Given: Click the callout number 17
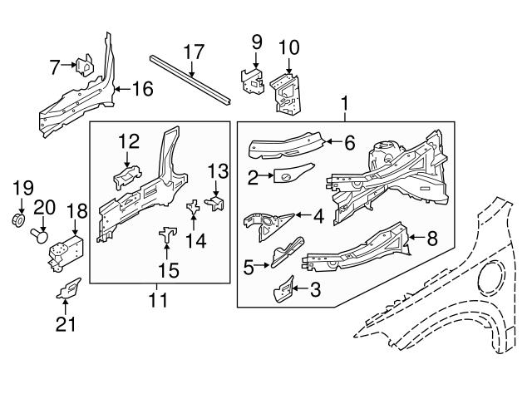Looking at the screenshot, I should [193, 52].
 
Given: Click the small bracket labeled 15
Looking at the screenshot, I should [167, 236].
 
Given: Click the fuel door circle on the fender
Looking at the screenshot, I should [498, 273].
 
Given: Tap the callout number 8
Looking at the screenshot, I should [431, 239].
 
